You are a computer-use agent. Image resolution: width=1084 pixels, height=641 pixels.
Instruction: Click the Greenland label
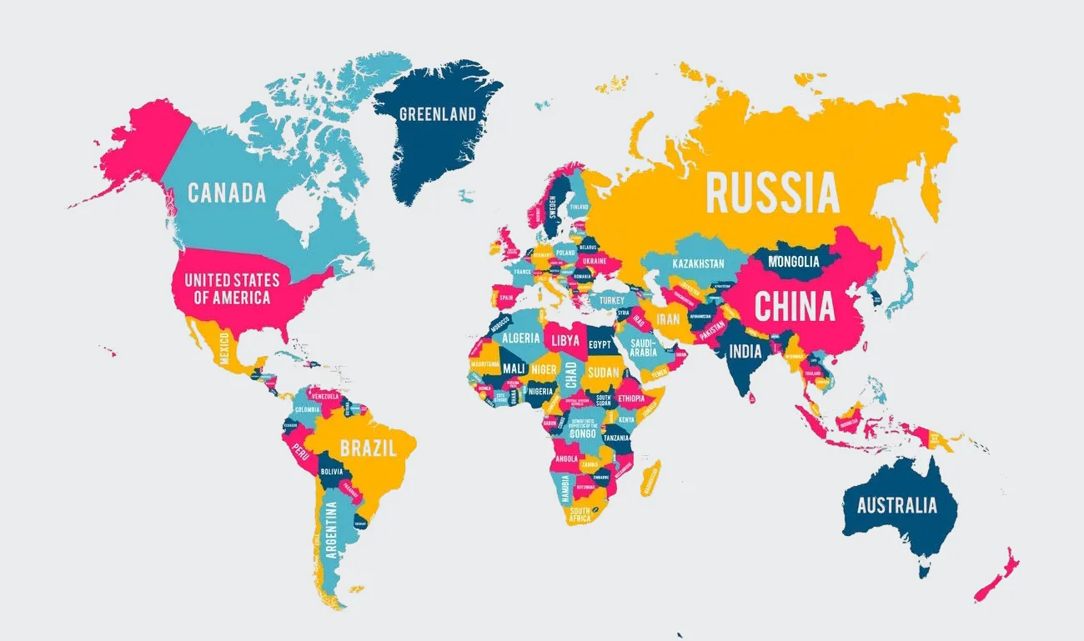point(438,114)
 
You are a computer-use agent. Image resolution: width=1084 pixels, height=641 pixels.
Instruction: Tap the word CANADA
point(227,193)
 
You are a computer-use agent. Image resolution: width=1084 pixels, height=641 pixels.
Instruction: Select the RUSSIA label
point(772,193)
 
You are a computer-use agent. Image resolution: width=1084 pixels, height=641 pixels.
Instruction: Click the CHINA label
point(794,307)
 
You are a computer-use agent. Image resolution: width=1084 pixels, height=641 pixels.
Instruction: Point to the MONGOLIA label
point(793,262)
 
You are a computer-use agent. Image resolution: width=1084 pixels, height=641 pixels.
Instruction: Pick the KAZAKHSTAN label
point(698,263)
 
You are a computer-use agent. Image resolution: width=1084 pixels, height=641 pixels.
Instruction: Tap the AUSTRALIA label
point(896,505)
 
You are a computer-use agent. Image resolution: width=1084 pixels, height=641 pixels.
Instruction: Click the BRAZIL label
point(367,448)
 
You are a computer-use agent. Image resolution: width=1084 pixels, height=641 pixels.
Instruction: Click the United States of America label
point(232,288)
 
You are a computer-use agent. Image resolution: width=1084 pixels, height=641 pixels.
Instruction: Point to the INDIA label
point(745,351)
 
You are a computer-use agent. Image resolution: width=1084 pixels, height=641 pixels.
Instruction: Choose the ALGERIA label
point(519,338)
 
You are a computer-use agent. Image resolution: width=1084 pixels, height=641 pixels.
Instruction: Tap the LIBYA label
point(564,341)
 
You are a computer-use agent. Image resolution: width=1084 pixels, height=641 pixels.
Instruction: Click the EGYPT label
point(600,344)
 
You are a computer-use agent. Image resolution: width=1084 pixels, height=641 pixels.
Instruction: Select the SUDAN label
point(603,373)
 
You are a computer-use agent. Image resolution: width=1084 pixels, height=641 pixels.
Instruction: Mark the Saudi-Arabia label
point(644,347)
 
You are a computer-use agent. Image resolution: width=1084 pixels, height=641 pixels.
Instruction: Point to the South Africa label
point(580,514)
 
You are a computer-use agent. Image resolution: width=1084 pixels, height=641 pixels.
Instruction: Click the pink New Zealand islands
point(996,575)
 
